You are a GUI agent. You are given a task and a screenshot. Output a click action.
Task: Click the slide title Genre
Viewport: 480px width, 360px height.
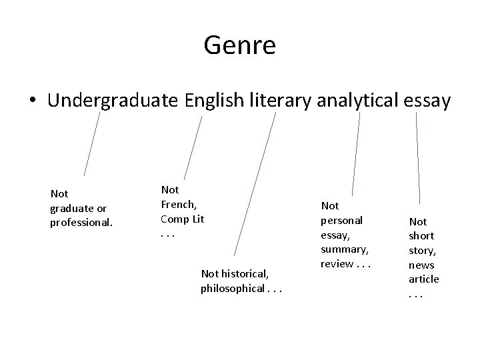coord(240,45)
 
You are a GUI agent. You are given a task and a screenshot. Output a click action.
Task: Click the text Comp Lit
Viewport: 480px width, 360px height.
coord(182,219)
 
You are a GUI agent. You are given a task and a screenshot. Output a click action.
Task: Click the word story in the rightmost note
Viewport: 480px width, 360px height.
coord(421,250)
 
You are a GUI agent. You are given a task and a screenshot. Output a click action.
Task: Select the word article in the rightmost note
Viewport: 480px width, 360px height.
coord(424,279)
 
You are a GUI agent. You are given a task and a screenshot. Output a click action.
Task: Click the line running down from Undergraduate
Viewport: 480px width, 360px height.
coord(92,143)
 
